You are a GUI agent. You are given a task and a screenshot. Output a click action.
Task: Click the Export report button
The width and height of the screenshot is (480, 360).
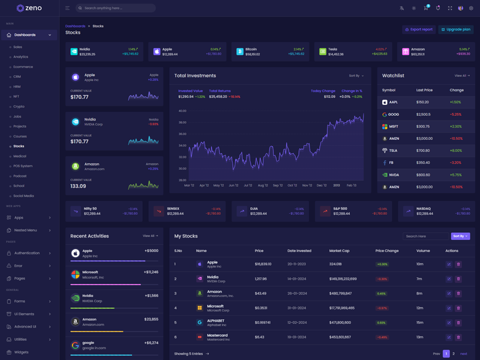click(x=419, y=29)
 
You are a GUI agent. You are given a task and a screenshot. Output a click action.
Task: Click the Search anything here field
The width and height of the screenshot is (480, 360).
click(x=117, y=8)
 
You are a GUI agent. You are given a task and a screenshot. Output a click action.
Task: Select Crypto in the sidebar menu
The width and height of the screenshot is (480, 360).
click(x=19, y=106)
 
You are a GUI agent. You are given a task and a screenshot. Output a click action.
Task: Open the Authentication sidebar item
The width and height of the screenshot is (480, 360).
click(x=27, y=253)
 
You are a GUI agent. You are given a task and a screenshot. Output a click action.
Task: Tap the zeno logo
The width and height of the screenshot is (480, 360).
click(x=29, y=8)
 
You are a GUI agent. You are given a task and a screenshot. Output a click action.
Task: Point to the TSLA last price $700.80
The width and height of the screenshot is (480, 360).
click(x=423, y=151)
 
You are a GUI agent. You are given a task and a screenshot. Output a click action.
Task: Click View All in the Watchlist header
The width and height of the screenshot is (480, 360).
click(x=461, y=76)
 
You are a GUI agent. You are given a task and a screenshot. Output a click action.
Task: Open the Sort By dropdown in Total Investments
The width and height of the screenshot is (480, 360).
click(x=356, y=76)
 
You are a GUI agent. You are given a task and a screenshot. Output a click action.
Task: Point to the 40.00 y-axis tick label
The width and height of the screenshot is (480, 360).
click(x=182, y=111)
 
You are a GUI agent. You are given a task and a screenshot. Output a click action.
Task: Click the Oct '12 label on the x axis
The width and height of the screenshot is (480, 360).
click(x=292, y=185)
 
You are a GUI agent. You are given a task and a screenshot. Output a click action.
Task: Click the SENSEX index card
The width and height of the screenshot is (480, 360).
click(x=188, y=211)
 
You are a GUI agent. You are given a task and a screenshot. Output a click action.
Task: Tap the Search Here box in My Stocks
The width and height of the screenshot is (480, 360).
click(x=425, y=236)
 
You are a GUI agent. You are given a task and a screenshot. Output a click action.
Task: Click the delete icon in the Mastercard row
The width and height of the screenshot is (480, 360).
click(x=458, y=337)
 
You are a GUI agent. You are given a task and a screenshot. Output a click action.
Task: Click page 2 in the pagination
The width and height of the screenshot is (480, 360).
click(x=454, y=354)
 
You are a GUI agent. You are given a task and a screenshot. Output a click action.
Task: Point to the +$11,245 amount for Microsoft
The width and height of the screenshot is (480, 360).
click(x=151, y=272)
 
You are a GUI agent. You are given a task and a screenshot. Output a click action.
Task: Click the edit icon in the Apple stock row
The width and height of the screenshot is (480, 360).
click(x=449, y=264)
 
